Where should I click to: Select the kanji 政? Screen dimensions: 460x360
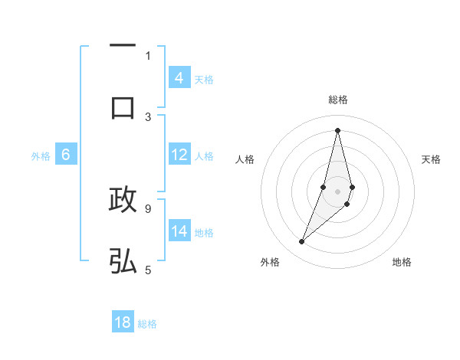click(123, 200)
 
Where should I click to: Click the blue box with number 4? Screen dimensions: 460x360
click(179, 78)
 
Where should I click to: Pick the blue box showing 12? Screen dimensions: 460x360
click(179, 155)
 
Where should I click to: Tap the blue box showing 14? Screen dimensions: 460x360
click(179, 231)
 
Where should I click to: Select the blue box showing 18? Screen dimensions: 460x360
click(123, 322)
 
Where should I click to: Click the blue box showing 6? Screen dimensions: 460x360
click(66, 155)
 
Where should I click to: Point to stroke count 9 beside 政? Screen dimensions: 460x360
click(148, 208)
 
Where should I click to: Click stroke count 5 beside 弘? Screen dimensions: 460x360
click(148, 269)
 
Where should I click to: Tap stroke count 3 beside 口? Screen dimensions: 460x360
click(148, 116)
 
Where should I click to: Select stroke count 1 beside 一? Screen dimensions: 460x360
click(148, 55)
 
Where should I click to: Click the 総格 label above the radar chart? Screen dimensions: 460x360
click(337, 100)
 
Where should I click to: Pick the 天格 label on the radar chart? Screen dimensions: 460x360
click(431, 159)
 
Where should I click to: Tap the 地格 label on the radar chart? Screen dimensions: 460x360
click(402, 262)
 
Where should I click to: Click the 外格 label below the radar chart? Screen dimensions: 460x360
click(270, 262)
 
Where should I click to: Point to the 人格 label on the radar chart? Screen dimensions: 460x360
click(245, 159)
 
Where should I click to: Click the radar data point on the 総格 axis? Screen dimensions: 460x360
click(337, 130)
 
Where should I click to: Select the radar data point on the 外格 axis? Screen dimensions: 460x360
click(302, 242)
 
